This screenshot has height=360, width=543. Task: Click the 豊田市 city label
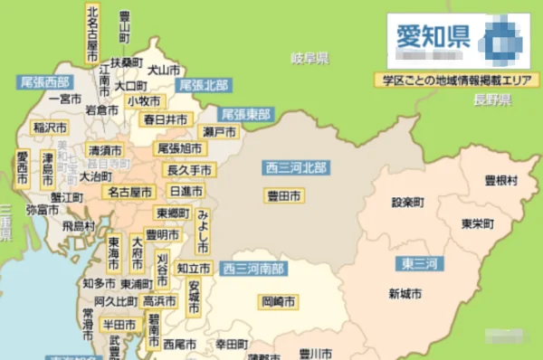click(x=284, y=195)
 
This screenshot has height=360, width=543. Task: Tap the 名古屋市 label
click(x=129, y=192)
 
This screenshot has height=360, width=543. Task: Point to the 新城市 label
click(x=405, y=293)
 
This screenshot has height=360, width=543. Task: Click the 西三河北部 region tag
click(x=296, y=167)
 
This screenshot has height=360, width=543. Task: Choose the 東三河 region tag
click(x=419, y=263)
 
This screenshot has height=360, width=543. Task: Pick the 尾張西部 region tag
click(x=45, y=81)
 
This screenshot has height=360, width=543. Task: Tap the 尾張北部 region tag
click(x=203, y=84)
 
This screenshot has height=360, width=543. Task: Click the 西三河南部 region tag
click(x=253, y=269)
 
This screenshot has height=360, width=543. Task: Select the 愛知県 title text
click(x=432, y=37)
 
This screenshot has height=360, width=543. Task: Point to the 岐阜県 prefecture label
click(x=310, y=59)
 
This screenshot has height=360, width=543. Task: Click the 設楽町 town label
click(x=408, y=202)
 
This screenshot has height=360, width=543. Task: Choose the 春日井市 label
click(x=165, y=119)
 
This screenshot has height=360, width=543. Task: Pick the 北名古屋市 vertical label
click(x=92, y=33)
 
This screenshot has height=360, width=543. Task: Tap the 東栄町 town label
click(x=477, y=223)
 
